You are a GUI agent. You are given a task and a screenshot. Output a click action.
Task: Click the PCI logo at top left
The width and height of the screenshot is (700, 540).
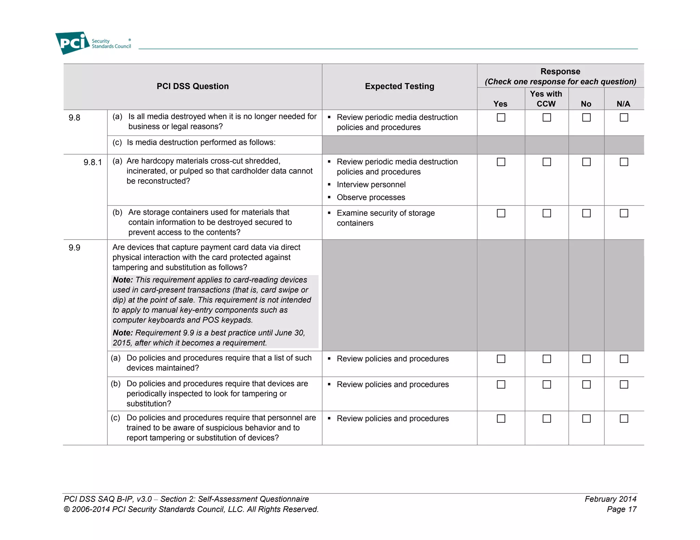(x=72, y=43)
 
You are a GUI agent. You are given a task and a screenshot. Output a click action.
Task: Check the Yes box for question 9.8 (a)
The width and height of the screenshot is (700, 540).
(x=501, y=117)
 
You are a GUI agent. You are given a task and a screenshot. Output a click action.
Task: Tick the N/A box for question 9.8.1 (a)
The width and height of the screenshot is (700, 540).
(x=624, y=162)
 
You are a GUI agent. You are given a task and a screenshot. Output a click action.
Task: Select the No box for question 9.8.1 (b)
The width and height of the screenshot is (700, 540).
(x=586, y=213)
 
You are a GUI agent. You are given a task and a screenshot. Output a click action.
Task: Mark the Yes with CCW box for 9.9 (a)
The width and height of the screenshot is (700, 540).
(x=547, y=359)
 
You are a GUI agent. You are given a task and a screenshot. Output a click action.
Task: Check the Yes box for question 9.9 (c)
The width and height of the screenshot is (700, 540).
(x=501, y=418)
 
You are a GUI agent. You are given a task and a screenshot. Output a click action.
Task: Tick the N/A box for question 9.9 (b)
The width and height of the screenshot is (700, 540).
(x=624, y=384)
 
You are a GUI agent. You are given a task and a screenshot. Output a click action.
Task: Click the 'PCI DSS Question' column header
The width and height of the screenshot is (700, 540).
(x=192, y=86)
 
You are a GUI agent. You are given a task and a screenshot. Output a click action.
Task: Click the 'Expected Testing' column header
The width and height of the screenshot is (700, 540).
(x=399, y=86)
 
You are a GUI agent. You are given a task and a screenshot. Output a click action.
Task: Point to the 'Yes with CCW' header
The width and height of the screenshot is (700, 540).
(x=546, y=99)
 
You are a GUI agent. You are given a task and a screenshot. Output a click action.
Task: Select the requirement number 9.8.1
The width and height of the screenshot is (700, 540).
(x=93, y=162)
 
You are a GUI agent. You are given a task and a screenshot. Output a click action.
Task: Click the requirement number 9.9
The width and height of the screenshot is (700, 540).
(x=74, y=248)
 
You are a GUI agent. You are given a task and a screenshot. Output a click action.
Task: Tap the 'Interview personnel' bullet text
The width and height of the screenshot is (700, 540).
(x=371, y=185)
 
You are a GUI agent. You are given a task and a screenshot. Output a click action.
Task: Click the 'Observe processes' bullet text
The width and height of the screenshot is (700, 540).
(x=371, y=197)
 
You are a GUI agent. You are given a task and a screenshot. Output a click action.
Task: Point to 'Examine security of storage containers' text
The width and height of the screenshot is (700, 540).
(x=385, y=218)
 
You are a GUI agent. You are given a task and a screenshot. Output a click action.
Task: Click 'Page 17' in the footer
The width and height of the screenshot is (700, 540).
(x=621, y=509)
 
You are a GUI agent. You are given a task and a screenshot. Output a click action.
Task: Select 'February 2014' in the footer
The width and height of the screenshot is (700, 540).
(x=610, y=499)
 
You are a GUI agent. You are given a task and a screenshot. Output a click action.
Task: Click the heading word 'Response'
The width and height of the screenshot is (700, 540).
(x=560, y=71)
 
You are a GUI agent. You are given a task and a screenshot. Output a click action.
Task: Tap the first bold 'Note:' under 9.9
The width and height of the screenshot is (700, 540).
(x=123, y=280)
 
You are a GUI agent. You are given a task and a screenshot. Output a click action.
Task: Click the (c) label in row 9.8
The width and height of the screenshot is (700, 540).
(x=117, y=142)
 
